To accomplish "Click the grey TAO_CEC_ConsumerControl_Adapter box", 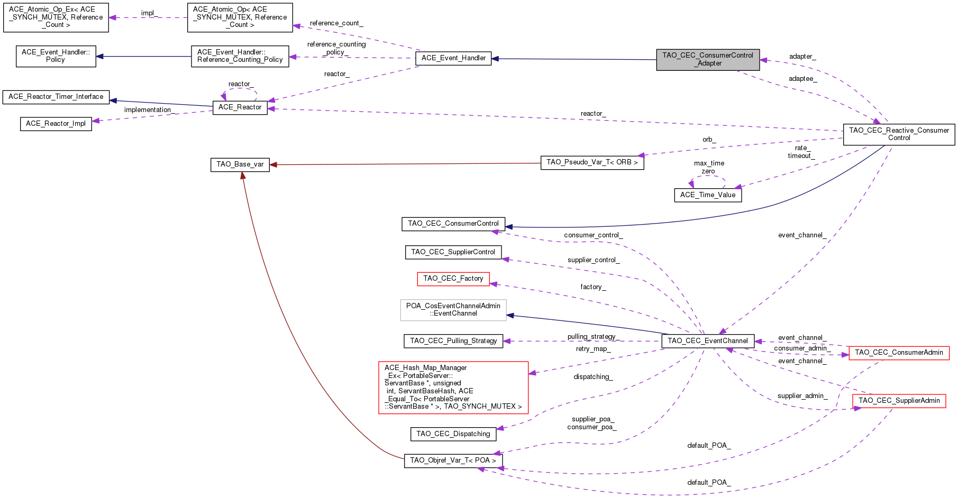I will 708,60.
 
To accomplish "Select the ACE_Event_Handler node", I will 453,58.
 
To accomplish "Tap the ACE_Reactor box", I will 240,107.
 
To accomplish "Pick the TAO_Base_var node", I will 240,164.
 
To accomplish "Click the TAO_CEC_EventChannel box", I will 707,341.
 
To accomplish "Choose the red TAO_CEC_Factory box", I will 453,279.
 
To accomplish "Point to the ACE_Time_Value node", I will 707,195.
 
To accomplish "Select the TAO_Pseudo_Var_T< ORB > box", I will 592,162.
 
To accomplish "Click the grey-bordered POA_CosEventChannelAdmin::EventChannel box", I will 453,310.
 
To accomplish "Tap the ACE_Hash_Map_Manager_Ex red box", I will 453,387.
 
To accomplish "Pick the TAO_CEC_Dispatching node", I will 453,434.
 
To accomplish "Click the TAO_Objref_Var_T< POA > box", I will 453,460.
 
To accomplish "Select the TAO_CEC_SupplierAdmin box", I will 899,401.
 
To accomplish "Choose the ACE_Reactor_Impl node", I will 56,124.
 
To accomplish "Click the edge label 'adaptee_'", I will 802,79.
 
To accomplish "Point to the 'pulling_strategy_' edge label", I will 592,337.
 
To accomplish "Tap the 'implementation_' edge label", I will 148,110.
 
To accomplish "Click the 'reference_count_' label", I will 336,23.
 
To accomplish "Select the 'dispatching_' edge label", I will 592,377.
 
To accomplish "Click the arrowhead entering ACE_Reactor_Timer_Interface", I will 113,100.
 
